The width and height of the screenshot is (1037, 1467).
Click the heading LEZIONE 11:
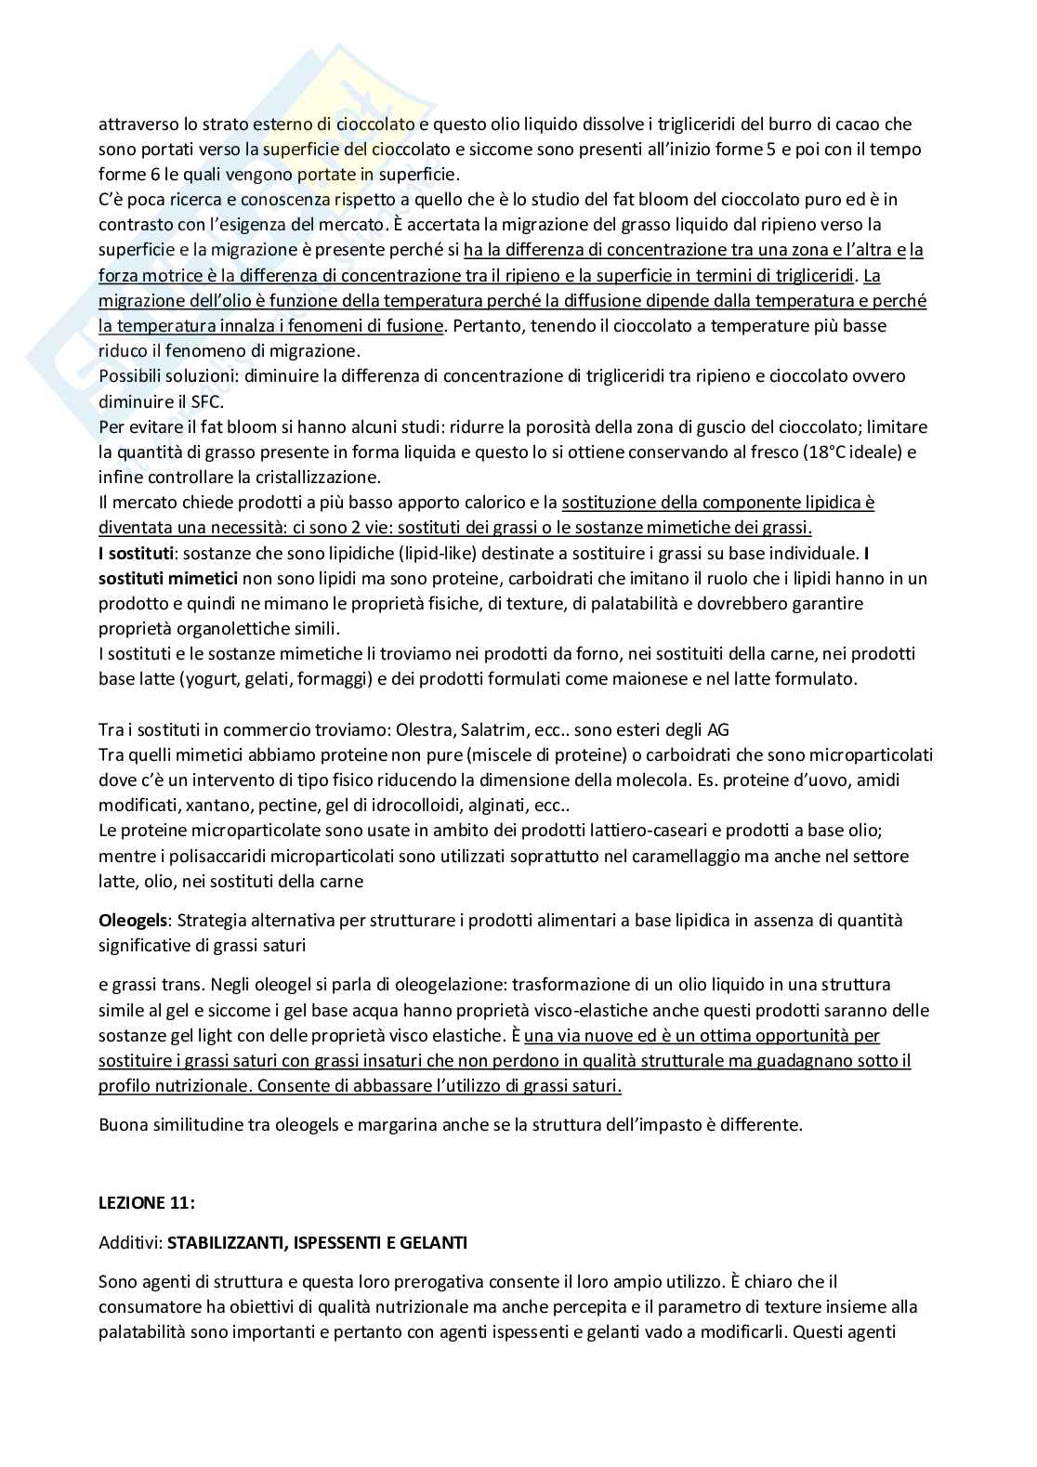tap(147, 1202)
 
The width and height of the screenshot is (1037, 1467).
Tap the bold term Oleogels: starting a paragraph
tap(134, 921)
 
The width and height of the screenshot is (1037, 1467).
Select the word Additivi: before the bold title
tap(130, 1242)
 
